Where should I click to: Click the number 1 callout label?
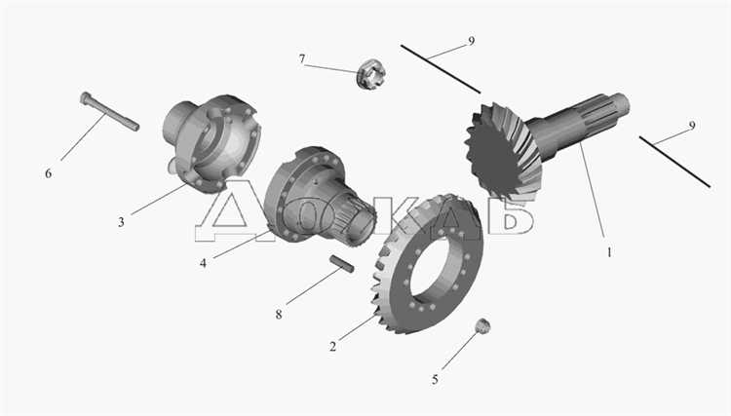tap(609, 252)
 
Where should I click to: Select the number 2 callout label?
tap(332, 347)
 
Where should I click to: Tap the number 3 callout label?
tap(121, 222)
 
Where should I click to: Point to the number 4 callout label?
tap(203, 263)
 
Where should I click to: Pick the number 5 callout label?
tap(435, 380)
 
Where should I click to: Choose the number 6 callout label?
tap(48, 173)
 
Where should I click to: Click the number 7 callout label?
tap(302, 59)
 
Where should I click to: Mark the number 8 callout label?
tap(279, 315)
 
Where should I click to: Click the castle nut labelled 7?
tap(370, 74)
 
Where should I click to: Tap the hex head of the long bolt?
tap(86, 97)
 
